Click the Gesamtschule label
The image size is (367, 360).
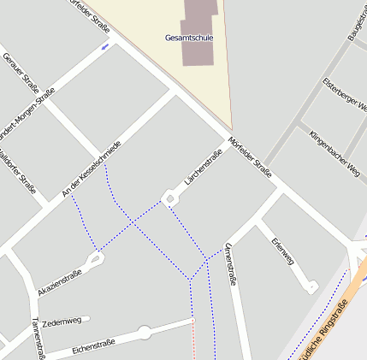(x=189, y=38)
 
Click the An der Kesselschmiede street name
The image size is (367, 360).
(x=92, y=170)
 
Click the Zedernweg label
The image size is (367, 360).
(x=61, y=322)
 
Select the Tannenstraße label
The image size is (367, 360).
(x=37, y=338)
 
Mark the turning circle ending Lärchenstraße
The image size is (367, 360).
(x=170, y=200)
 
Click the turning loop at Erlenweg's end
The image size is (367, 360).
(x=312, y=286)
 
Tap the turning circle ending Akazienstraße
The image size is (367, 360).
(x=96, y=257)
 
